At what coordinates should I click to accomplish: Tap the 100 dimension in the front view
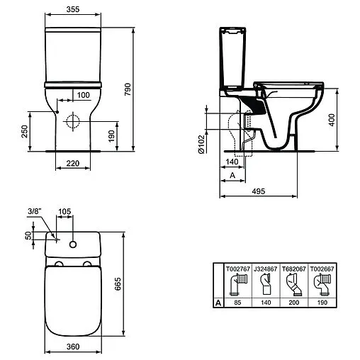tap(83, 94)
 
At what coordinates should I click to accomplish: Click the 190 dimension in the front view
tap(112, 135)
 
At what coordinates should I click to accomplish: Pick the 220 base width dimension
tap(73, 164)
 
